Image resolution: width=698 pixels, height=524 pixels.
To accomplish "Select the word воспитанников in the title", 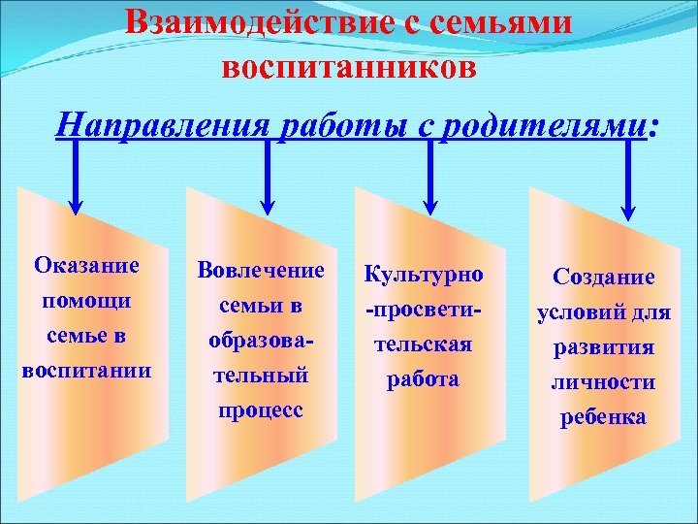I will pos(349,68).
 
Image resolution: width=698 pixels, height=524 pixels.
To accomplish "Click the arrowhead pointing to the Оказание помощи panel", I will pos(77,199).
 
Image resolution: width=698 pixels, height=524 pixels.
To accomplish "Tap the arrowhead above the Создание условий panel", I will pos(627,205).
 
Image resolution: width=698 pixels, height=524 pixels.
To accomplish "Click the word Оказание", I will pos(86,265).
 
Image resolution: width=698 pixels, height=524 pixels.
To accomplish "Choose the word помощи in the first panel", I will pos(86,301).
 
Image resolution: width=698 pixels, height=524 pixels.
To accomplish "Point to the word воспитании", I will pos(86,371).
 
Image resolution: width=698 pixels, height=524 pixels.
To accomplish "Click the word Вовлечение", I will pos(260,271).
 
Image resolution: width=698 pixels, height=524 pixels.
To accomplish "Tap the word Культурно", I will pos(423,275).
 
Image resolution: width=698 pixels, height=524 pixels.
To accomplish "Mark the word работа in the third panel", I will pos(423,379).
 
